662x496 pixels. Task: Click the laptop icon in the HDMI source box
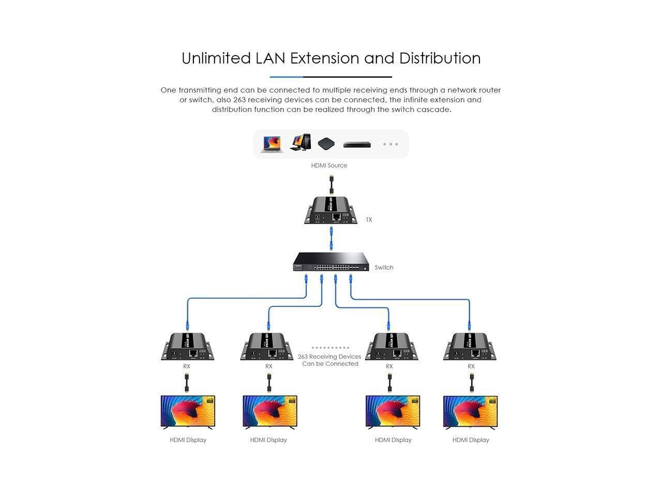point(272,144)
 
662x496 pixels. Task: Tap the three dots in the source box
point(390,144)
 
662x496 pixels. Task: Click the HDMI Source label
point(329,165)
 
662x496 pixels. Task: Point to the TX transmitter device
point(331,211)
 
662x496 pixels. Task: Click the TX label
point(369,220)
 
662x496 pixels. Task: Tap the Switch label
point(384,267)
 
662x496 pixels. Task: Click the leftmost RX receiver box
point(187,347)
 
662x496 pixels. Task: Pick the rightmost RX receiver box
point(470,347)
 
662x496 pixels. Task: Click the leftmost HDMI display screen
point(188,411)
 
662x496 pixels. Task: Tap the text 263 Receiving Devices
point(329,357)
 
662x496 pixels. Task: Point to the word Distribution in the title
point(440,58)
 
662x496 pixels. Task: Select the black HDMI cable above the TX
point(331,184)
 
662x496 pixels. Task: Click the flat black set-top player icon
point(357,145)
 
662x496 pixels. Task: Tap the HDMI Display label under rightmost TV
point(471,440)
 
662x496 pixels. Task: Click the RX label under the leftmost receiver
point(187,366)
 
